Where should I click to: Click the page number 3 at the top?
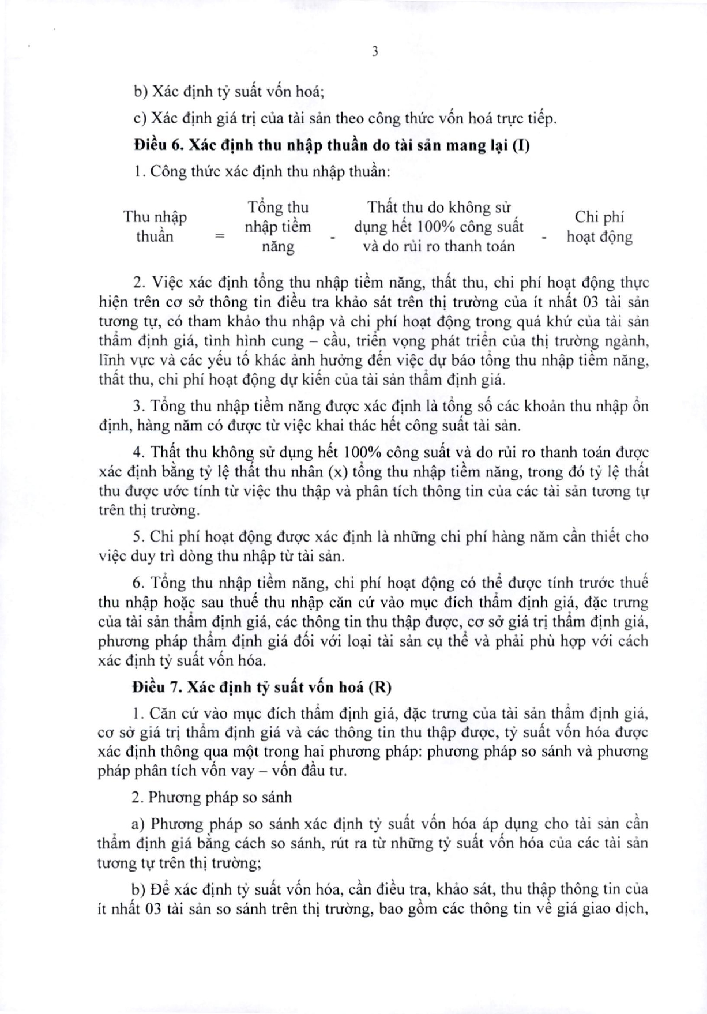tap(375, 51)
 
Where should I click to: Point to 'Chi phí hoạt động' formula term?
tap(599, 227)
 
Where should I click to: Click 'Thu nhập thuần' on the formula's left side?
tap(155, 227)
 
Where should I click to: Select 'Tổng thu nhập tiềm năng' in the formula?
tap(278, 227)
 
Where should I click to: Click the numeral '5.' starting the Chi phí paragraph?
tap(138, 536)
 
